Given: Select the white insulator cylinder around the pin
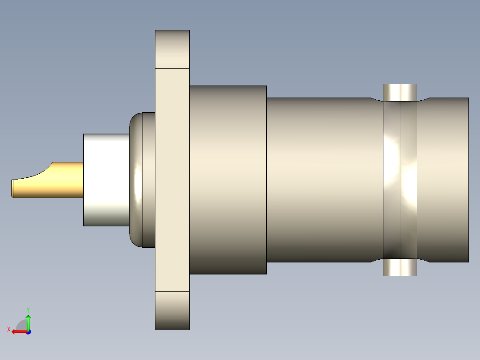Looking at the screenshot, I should (106, 180).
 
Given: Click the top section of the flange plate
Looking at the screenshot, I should (172, 49).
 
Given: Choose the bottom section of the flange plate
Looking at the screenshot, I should (172, 311).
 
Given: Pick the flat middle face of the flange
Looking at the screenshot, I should (172, 180).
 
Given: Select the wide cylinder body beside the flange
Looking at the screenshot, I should (228, 180).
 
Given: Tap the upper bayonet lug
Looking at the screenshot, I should (400, 92).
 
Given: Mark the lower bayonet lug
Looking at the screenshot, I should (400, 267).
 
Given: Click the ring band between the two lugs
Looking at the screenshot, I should (400, 180).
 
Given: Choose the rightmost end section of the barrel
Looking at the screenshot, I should (445, 180).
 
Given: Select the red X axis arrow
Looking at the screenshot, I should (18, 331).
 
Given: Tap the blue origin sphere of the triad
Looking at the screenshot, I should (28, 331).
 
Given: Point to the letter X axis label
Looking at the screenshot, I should (8, 329).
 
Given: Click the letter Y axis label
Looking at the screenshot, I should (28, 309).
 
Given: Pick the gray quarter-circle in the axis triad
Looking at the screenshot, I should (21, 325).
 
